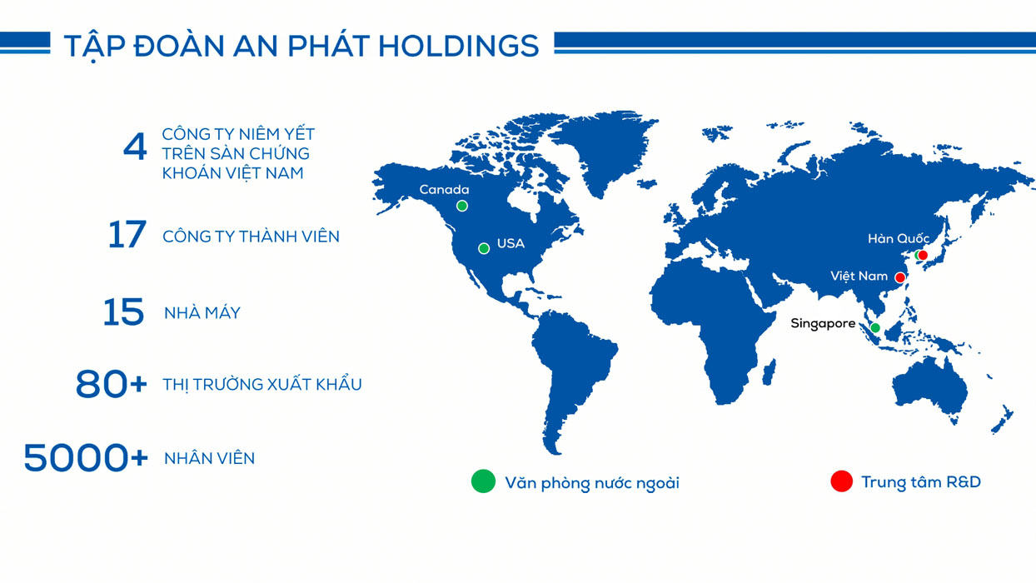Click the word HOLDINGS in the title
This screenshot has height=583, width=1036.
[459, 46]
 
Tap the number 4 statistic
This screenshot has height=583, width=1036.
[135, 147]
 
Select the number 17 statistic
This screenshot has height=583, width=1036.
[127, 235]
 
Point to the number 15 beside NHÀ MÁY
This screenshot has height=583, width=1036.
[123, 312]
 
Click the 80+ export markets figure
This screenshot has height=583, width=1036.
[112, 384]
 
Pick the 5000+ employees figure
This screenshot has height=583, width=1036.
[86, 458]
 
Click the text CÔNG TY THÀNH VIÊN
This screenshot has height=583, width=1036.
[252, 237]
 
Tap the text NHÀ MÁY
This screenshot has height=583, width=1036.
[202, 313]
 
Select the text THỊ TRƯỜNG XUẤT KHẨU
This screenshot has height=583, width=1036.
[262, 385]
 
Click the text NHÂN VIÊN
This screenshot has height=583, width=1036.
[210, 459]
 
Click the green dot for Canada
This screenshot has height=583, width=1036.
[462, 206]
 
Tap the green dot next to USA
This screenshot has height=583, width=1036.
[484, 249]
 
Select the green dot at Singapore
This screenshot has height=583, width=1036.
[875, 328]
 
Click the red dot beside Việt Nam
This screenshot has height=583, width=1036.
[900, 277]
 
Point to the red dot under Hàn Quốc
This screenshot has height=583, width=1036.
[923, 256]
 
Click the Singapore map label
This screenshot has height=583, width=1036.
[823, 324]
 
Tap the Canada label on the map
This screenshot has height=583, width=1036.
[444, 190]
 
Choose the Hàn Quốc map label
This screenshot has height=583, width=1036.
[899, 239]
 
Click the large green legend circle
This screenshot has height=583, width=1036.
[483, 481]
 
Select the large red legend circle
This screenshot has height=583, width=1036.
[842, 481]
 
